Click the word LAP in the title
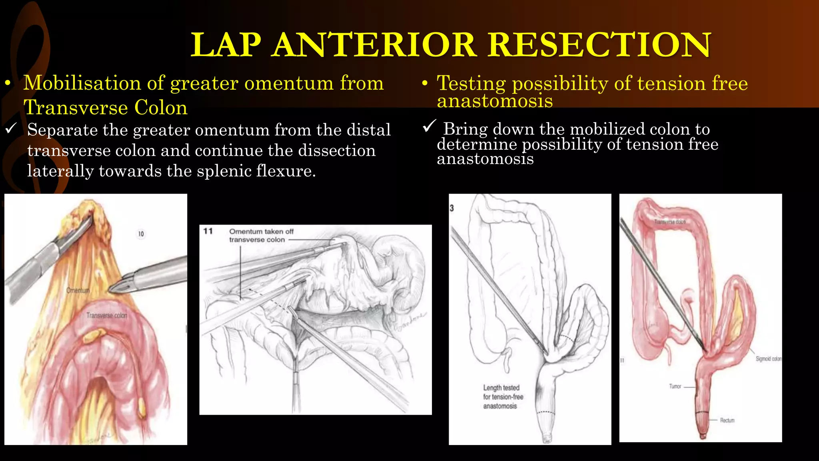pyautogui.click(x=226, y=45)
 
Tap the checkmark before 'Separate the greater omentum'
pyautogui.click(x=11, y=128)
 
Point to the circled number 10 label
pyautogui.click(x=141, y=234)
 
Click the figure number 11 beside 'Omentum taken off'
pyautogui.click(x=208, y=231)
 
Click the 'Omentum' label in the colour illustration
pyautogui.click(x=78, y=290)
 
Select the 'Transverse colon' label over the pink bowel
pyautogui.click(x=106, y=315)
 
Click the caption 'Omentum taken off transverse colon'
pyautogui.click(x=261, y=235)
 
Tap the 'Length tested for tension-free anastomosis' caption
pyautogui.click(x=502, y=397)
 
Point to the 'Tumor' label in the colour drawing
pyautogui.click(x=675, y=386)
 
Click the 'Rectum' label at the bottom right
pyautogui.click(x=727, y=420)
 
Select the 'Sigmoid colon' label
pyautogui.click(x=768, y=359)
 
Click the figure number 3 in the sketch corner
pyautogui.click(x=452, y=208)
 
